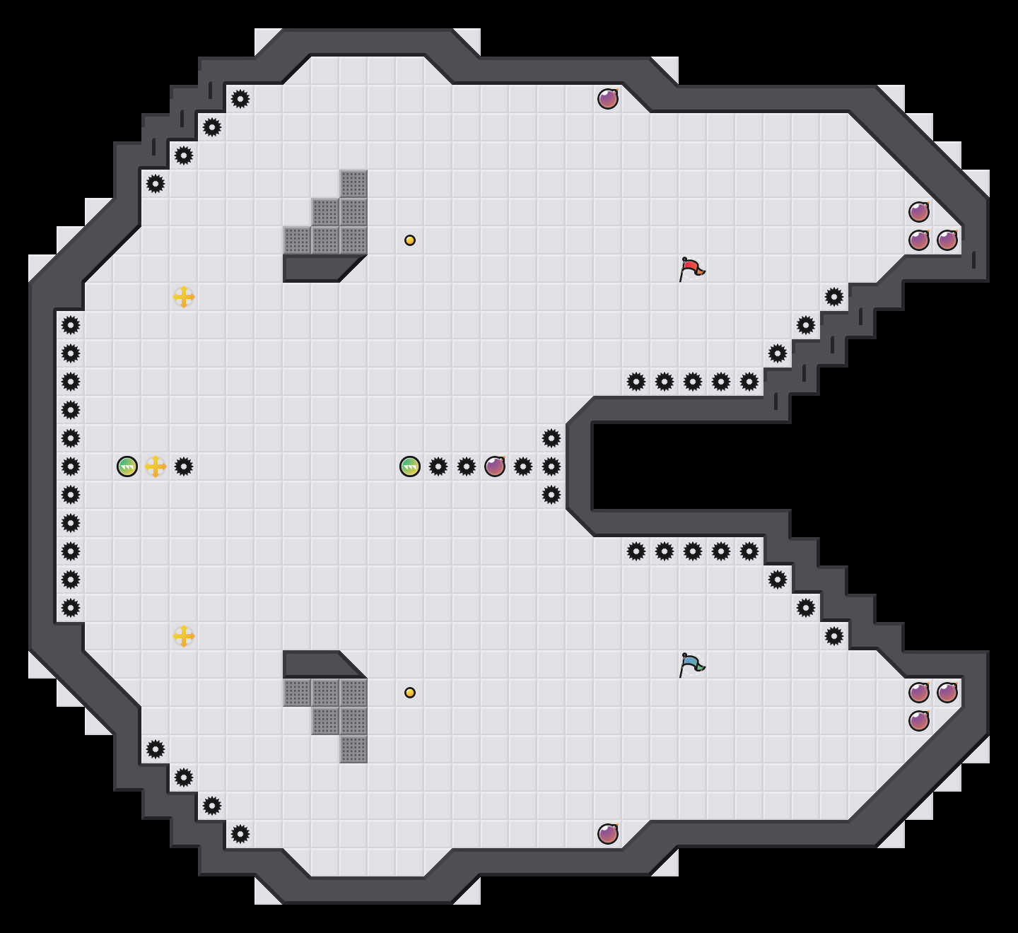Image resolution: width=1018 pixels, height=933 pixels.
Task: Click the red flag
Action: [x=691, y=269]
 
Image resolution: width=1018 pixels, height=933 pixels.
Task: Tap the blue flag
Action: [x=691, y=664]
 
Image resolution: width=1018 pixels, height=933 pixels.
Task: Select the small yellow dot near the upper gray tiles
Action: [x=410, y=240]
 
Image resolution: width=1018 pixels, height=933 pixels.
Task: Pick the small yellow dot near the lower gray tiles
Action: [x=410, y=693]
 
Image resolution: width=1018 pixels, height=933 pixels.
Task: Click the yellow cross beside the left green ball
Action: [x=156, y=466]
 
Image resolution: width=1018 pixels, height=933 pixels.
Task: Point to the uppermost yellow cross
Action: [x=184, y=297]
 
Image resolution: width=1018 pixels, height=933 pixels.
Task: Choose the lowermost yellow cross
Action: [x=184, y=636]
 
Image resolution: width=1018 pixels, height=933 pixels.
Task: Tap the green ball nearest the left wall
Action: [x=127, y=466]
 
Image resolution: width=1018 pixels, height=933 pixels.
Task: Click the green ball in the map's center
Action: [x=410, y=466]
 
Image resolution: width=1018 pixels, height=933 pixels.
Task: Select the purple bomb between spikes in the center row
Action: [x=495, y=466]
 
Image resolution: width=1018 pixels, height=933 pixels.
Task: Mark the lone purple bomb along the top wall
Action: [x=608, y=99]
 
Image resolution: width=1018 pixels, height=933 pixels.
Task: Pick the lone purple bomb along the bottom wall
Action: [x=608, y=834]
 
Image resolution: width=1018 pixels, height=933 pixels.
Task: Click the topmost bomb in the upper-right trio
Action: [x=919, y=212]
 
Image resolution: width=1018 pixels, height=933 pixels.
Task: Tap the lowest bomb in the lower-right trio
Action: [x=919, y=721]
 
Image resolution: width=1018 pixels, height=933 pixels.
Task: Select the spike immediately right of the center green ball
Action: [x=438, y=466]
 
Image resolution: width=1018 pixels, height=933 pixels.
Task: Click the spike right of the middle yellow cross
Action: [x=184, y=466]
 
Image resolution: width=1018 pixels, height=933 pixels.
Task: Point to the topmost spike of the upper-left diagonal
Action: [x=240, y=99]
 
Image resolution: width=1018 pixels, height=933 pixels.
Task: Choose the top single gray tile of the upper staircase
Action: [x=353, y=184]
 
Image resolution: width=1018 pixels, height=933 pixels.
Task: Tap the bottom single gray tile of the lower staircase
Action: [x=353, y=749]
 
